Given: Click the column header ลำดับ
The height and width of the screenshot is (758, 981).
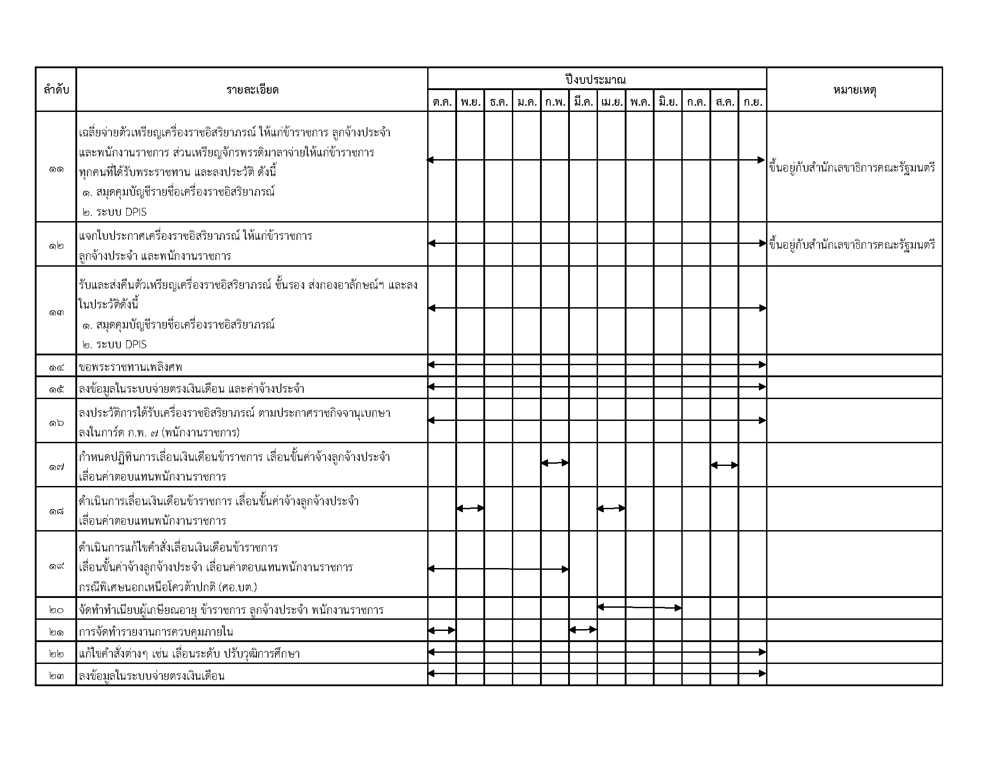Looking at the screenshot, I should coord(56,90).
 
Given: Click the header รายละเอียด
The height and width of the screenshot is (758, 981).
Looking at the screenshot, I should coord(252,90).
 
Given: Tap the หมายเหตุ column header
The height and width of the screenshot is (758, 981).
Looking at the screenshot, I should coord(855,90).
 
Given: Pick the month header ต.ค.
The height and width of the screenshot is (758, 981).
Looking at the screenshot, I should coord(442,103).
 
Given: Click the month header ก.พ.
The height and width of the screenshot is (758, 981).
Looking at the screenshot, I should coord(555,103).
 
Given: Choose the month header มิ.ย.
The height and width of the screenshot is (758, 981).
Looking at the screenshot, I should coord(668,103).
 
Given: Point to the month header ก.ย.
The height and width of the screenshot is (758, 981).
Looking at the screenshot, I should coord(752,103).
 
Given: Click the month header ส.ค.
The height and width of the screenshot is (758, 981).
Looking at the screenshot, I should coord(725,103).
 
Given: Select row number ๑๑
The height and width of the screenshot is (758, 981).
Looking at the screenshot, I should coord(56,170).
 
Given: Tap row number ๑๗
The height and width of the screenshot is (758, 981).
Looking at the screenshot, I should coord(56,467).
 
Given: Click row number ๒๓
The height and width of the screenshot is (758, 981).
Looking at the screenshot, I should coord(56,676).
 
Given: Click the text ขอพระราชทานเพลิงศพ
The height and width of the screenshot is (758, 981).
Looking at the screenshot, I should coord(131,367).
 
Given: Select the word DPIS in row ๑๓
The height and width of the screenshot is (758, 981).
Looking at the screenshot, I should coord(136,344).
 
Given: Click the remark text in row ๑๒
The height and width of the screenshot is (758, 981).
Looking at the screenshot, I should coord(852,245).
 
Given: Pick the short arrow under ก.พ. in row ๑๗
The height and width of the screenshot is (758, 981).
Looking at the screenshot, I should coord(555,463).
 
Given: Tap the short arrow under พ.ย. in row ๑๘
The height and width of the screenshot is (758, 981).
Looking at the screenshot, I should coord(470,508).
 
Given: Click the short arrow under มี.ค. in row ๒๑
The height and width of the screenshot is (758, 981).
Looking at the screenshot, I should coord(583,630).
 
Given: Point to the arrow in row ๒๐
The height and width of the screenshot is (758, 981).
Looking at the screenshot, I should coord(639,608).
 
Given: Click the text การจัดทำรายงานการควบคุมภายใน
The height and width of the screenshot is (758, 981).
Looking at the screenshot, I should coord(156,632).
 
